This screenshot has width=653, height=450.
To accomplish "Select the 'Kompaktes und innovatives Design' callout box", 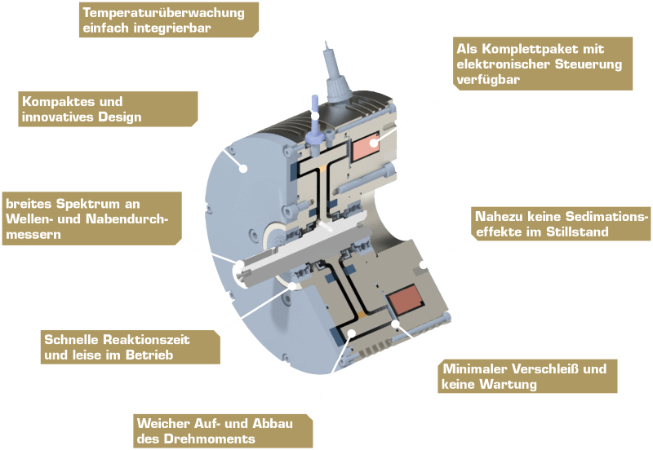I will point(106,108).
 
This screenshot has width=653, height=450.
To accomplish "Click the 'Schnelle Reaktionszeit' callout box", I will point(131,347).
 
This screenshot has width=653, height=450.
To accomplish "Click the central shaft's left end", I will point(242,270).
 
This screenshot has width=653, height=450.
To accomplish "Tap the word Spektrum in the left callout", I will point(78,203).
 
